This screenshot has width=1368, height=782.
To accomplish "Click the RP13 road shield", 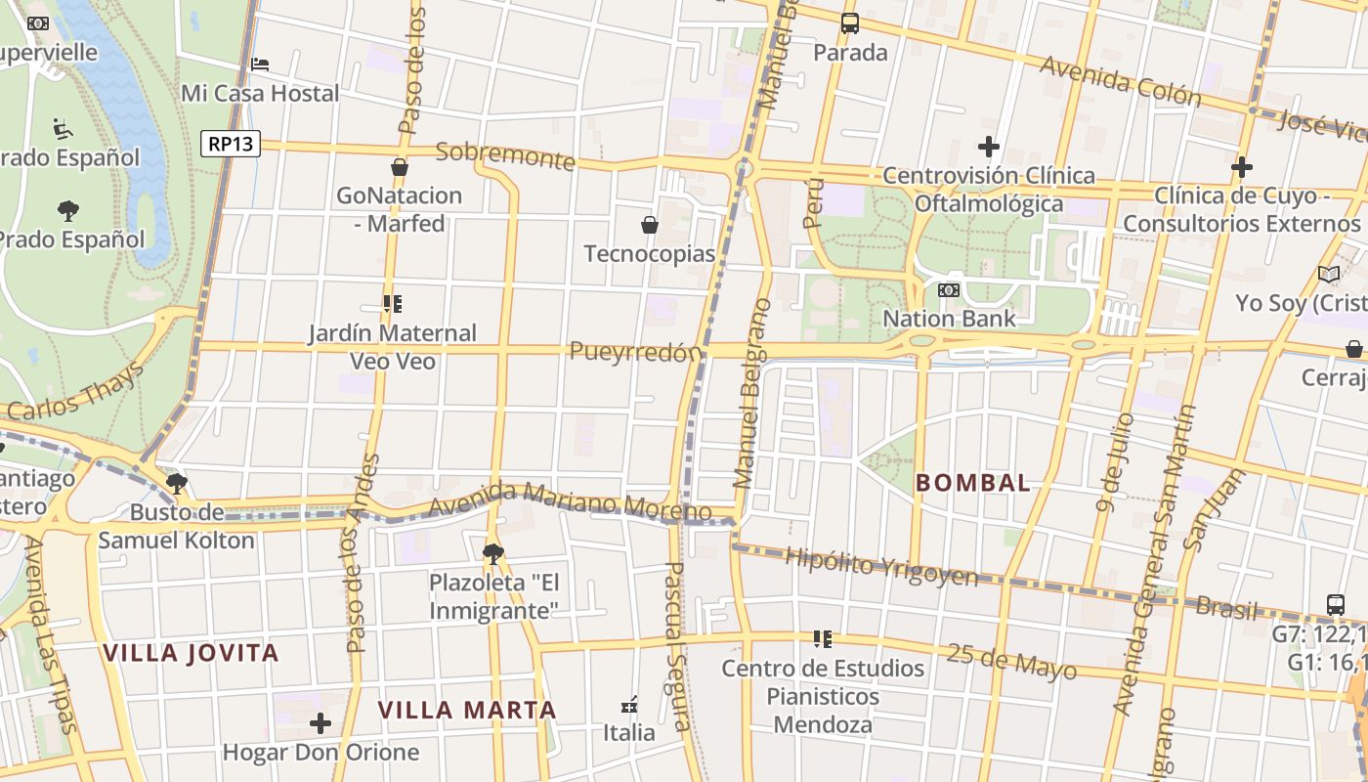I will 232,144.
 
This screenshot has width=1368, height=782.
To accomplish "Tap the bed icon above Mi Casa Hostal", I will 260,65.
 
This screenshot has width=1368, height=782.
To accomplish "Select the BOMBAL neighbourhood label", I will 973,482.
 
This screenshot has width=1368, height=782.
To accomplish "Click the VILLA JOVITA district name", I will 192,653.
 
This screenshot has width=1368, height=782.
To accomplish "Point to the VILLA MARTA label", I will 467,710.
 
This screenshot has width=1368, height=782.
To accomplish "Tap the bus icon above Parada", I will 850,23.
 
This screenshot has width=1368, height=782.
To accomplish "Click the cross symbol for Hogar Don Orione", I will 321,723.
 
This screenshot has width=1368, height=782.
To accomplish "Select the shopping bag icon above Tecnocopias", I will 649,226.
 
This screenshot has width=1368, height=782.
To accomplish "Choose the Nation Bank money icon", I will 949,290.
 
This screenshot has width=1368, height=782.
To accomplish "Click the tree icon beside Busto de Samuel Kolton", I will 177,483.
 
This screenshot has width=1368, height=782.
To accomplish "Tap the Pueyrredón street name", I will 636,352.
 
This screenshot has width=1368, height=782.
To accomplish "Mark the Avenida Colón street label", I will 1120,80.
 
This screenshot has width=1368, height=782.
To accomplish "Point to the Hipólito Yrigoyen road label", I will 881,566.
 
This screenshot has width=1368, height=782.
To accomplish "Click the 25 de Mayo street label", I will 1011,661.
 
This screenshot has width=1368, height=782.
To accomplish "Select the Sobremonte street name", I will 504,155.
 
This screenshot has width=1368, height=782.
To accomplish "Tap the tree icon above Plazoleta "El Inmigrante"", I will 493,554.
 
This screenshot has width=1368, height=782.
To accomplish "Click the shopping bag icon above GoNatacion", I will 399,167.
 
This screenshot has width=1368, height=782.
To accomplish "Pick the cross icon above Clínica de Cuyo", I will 1242,167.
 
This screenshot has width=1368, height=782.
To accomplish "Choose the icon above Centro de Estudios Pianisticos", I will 823,639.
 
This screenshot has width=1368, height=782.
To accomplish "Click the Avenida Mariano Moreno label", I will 570,500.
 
